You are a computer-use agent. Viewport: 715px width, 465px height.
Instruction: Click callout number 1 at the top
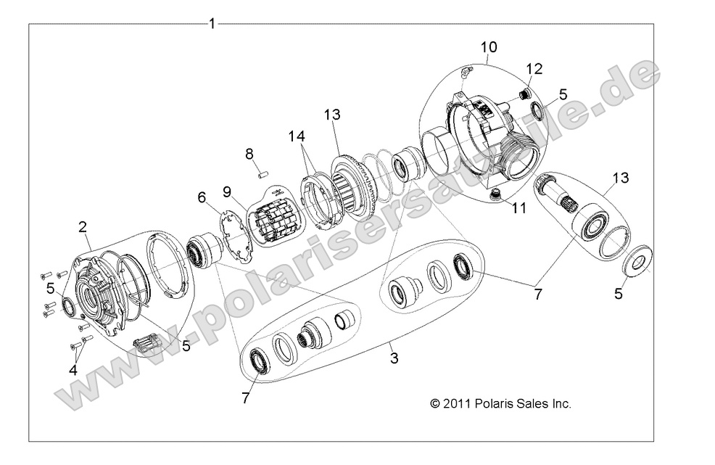[x=212, y=24]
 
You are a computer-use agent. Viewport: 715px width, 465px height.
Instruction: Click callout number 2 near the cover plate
[x=83, y=227]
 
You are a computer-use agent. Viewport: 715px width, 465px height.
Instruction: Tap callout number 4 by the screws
[x=73, y=369]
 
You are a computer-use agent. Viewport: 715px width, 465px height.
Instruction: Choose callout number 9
[x=227, y=192]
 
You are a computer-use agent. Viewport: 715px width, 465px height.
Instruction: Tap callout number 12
[x=534, y=68]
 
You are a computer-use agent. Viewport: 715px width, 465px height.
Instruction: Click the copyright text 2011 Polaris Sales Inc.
[x=500, y=404]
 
